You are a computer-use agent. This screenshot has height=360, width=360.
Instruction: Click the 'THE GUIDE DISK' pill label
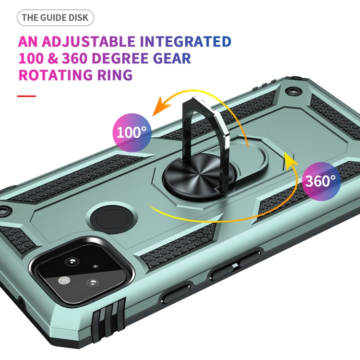[x=55, y=18]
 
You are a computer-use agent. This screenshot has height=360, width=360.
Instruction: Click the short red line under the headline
[x=26, y=96]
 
